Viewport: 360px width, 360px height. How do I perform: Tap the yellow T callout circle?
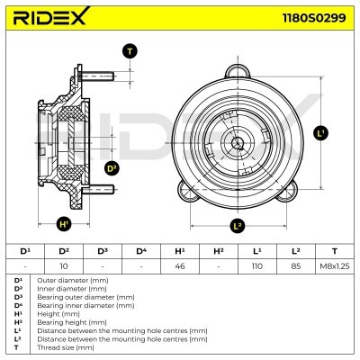[130, 51]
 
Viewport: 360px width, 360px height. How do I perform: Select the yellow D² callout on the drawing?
[112, 167]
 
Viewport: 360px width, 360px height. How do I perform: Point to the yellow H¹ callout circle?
[64, 224]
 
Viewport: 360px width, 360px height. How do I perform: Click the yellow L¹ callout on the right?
[320, 132]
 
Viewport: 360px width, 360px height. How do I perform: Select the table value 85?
[296, 267]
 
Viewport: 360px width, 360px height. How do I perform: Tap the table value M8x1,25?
[335, 267]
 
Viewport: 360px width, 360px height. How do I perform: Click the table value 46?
[179, 267]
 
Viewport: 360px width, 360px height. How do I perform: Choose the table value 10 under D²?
[64, 267]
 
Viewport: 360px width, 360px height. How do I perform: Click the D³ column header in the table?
[102, 250]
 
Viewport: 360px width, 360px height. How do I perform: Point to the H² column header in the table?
[218, 250]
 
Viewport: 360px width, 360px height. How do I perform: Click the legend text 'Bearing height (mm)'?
[67, 321]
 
